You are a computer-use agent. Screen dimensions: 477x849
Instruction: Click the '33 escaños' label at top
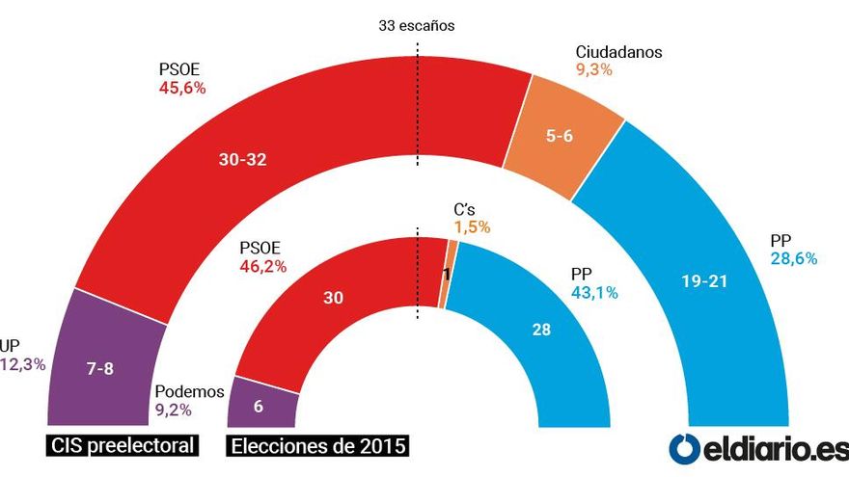pos(416,26)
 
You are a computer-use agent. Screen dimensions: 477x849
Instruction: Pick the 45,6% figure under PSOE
pos(182,88)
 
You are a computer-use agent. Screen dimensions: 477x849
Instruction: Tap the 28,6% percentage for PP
pos(794,258)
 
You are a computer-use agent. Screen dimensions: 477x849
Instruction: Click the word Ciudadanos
pos(617,52)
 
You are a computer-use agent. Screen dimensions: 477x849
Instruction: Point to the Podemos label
pos(189,391)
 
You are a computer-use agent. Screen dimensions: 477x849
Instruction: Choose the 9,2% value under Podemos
pos(175,410)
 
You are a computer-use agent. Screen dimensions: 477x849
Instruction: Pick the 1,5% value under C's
pos(472,227)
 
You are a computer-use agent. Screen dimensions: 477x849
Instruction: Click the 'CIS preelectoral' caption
pos(123,445)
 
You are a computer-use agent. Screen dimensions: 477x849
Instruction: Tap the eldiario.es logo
pos(758,448)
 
